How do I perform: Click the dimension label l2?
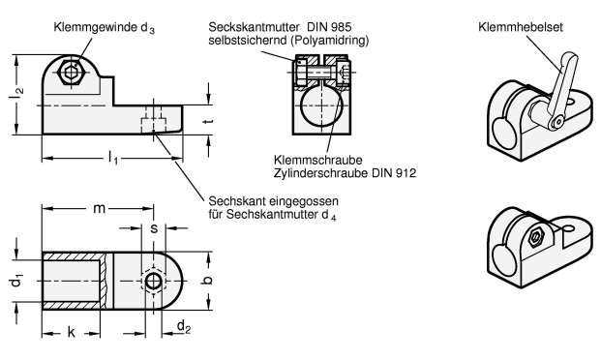point(15,94)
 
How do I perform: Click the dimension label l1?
point(112,158)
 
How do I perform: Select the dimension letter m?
point(100,209)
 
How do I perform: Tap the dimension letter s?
point(154,228)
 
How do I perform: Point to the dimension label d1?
point(16,280)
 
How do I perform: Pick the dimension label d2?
point(184,327)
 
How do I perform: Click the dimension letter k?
point(72,332)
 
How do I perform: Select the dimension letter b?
point(206,281)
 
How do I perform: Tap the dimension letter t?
point(208,122)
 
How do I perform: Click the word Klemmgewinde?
point(95,28)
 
